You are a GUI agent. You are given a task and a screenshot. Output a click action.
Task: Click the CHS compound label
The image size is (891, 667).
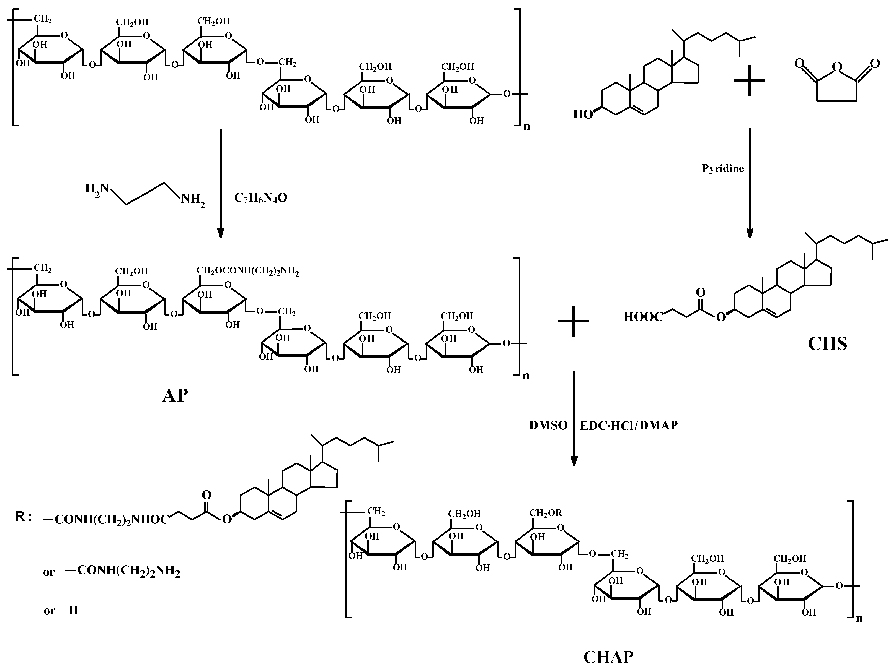[x=827, y=344]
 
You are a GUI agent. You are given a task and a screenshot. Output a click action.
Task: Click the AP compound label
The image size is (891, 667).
[x=175, y=396]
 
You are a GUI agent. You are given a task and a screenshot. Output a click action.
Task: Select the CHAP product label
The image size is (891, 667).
[x=608, y=657]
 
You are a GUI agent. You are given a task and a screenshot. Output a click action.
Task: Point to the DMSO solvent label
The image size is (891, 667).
[x=548, y=426]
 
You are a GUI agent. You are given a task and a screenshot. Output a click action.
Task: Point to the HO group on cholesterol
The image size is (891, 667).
[x=583, y=115]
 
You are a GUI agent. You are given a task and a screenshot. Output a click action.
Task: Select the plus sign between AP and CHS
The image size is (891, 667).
[x=573, y=321]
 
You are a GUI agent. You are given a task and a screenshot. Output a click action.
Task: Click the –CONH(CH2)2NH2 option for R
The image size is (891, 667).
[x=122, y=571]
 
